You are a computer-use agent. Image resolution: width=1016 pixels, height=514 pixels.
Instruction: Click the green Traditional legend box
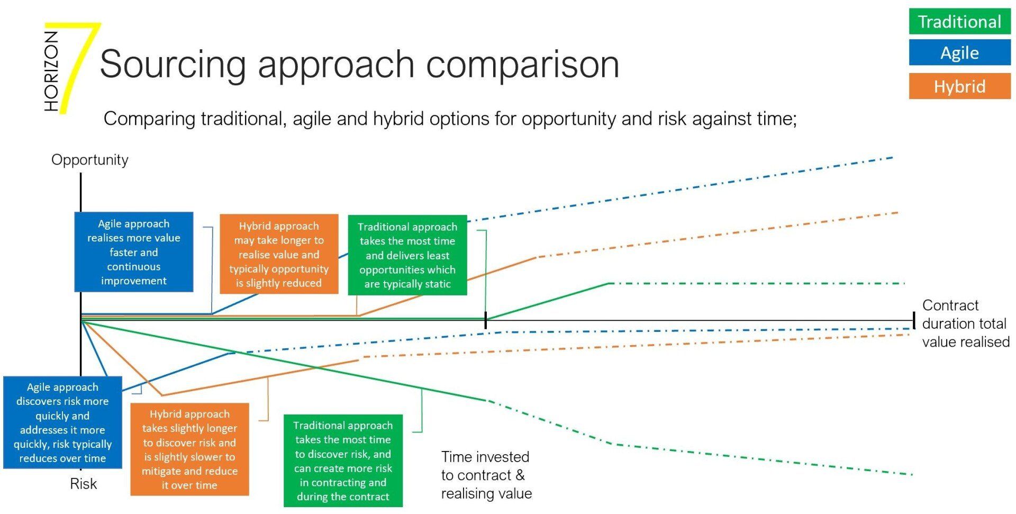coord(959,22)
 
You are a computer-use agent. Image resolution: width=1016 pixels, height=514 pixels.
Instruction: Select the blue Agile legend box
coord(959,53)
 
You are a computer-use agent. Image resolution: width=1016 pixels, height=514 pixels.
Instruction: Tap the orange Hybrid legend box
coord(959,86)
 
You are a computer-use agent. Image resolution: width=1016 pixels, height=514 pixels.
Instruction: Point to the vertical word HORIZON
coord(51,71)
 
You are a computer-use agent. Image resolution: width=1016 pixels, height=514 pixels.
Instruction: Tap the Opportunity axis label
coord(90,160)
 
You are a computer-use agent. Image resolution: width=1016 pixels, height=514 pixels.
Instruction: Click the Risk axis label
coord(84,484)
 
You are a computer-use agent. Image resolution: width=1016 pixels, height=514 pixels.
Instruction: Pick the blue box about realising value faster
coord(134,252)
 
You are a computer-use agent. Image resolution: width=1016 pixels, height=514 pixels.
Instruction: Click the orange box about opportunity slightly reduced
coord(279,254)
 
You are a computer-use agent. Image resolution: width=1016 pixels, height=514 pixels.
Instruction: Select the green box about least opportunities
coord(407,255)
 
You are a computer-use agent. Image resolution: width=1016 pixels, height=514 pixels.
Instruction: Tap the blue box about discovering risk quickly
coord(62,422)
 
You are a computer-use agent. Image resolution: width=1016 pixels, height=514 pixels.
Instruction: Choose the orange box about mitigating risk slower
coord(189,449)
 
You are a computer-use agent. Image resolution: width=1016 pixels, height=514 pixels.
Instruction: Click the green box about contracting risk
coord(343,461)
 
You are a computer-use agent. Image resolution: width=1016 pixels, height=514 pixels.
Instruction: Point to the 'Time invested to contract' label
coord(486,475)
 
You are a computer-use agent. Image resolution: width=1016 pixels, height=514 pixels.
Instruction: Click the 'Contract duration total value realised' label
coord(966,323)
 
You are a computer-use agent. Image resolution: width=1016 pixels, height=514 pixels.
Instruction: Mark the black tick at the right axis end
coord(914,320)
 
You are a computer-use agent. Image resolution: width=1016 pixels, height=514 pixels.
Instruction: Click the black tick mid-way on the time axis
coord(486,320)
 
